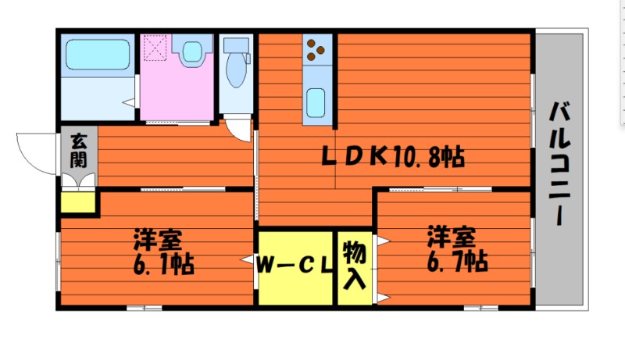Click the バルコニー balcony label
point(559,163)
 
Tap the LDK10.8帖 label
point(395,157)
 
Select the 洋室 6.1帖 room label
point(162,250)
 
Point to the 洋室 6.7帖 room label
point(457,248)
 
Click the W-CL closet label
point(295,266)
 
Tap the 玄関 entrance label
point(79,151)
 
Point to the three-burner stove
point(316,50)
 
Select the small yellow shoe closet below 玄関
point(78,202)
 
